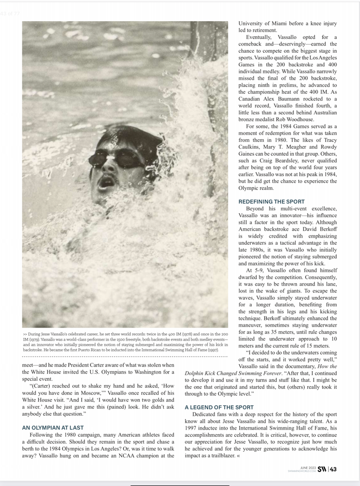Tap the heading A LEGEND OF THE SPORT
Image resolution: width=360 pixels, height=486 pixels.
click(219, 407)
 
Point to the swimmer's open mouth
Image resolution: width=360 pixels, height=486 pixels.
click(107, 181)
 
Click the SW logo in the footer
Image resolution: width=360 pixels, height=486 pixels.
click(322, 469)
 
